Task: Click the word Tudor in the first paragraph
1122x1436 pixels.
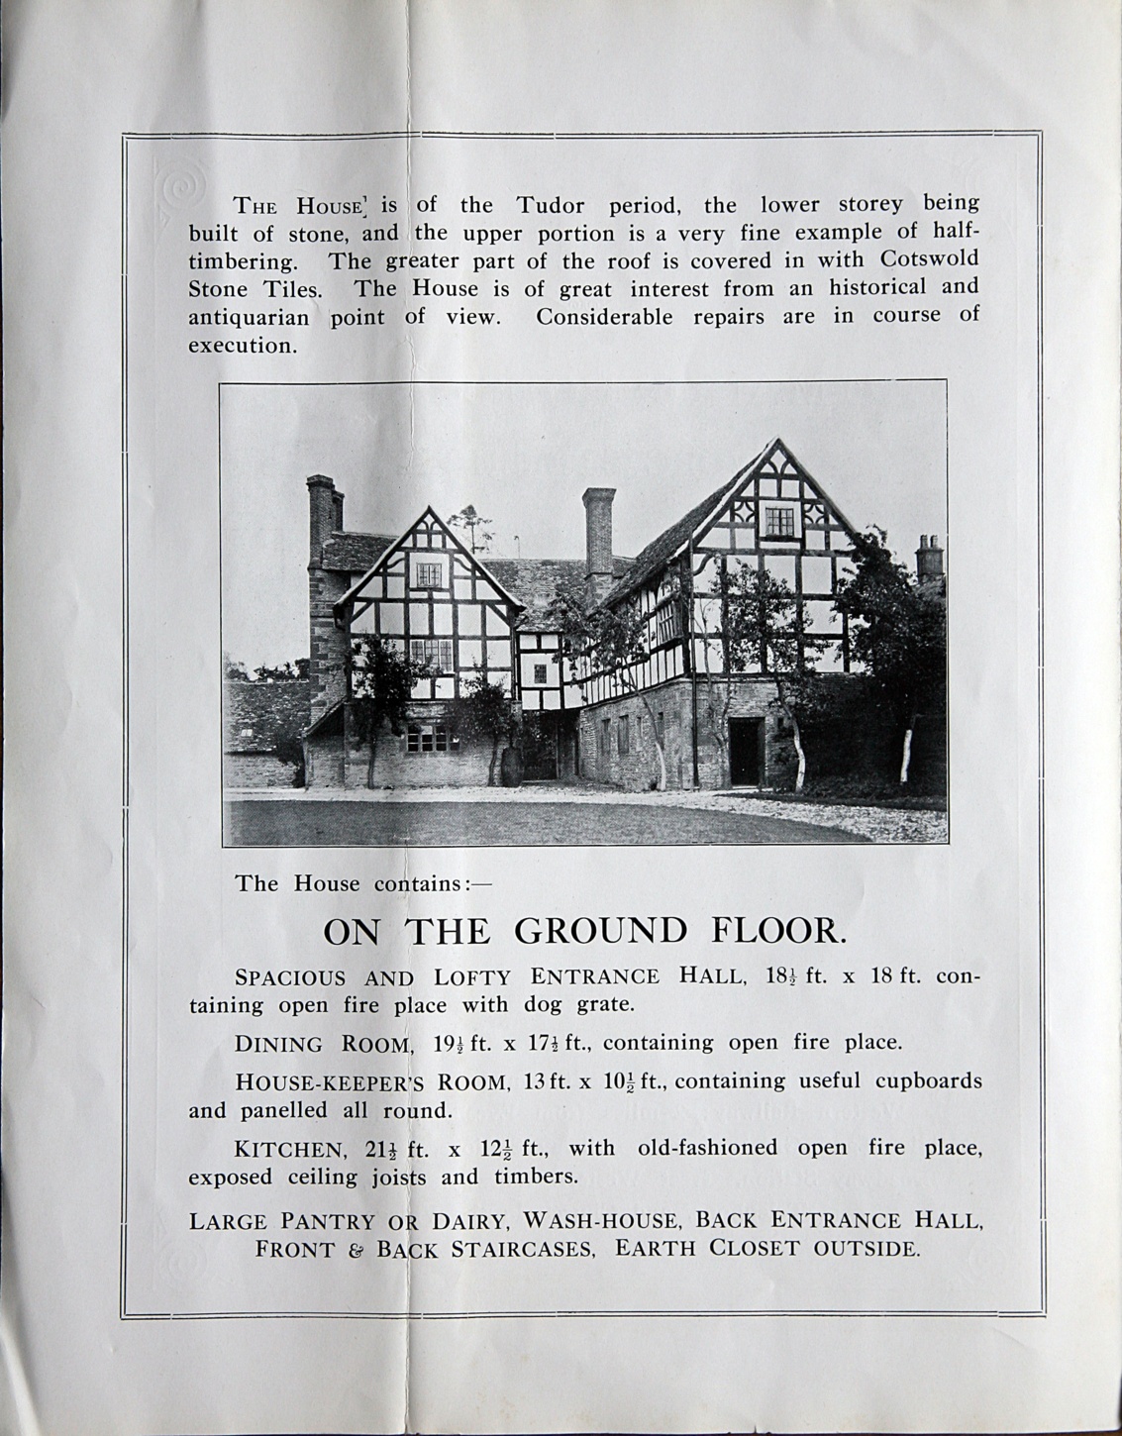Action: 550,206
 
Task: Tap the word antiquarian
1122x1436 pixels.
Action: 249,318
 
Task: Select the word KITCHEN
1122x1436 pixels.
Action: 289,1150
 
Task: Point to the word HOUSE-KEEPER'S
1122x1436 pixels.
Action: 316,1081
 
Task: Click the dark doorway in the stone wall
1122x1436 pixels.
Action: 744,749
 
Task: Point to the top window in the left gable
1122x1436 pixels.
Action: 428,574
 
